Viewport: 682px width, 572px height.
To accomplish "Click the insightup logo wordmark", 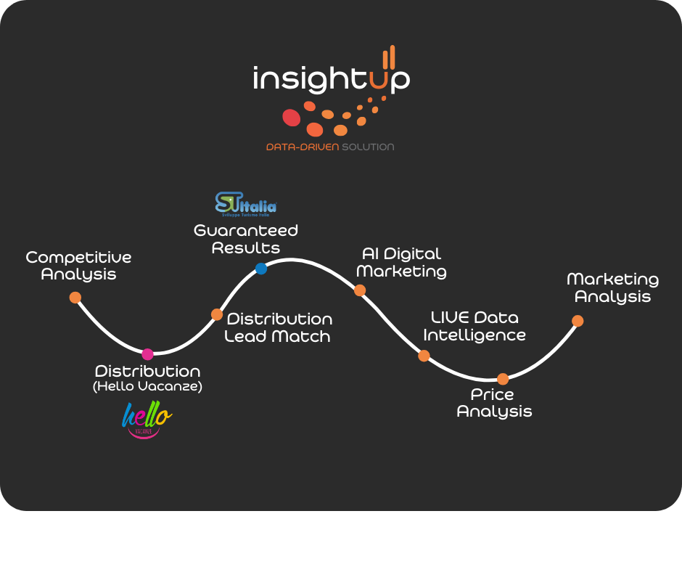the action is pos(330,78).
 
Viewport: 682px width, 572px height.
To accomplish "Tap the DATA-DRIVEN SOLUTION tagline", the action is pos(330,147).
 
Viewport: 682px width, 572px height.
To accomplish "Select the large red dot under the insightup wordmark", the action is pos(291,117).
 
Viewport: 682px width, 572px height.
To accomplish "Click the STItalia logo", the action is pos(246,205).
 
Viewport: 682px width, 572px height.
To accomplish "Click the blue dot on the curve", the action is pos(261,269).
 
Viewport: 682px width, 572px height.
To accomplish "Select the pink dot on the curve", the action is pos(148,354).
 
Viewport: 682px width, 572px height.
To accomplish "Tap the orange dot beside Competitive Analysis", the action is pos(75,297).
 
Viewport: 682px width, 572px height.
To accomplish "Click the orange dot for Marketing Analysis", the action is pos(578,321).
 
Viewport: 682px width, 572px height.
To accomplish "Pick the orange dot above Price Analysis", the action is pos(503,378).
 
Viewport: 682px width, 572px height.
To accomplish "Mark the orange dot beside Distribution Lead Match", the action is pos(217,314).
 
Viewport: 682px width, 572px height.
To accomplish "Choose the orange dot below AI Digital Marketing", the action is pos(359,290).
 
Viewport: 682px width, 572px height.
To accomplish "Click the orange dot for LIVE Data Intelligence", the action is pos(424,356).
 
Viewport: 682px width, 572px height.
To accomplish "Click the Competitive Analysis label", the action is pos(78,266).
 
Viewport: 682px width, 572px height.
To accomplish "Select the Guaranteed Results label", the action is pos(246,239).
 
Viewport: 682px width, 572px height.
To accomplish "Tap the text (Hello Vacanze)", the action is pos(147,387).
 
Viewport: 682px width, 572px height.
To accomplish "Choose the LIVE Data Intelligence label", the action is pos(474,327).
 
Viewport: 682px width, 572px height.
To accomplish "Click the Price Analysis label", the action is pos(494,403).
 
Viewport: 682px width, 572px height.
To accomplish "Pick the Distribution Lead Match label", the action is pos(279,327).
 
